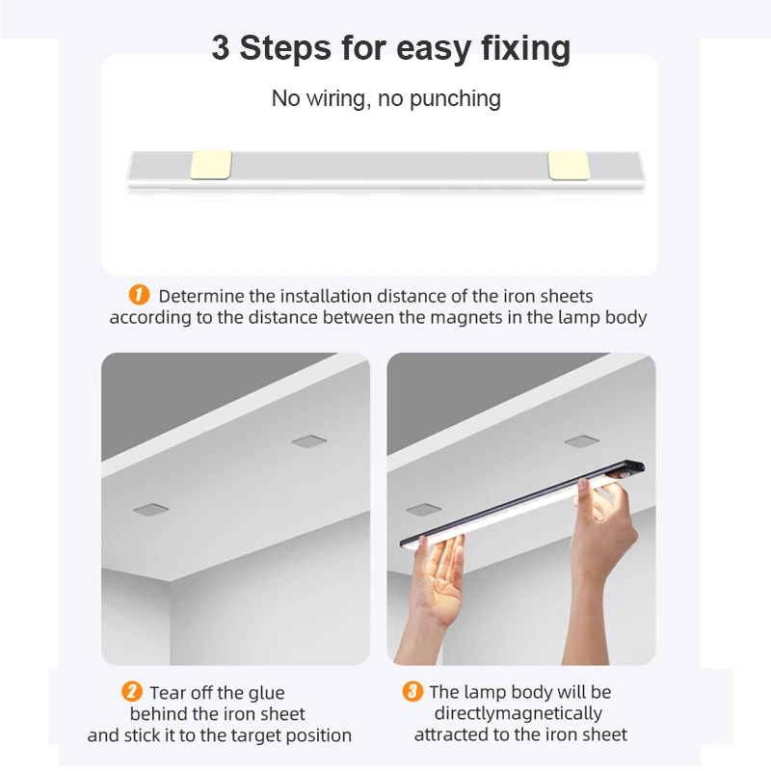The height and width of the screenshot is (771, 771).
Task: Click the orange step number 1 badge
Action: [x=139, y=295]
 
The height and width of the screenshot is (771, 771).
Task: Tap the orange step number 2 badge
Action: [x=132, y=691]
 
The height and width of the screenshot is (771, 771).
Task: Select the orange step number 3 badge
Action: [x=412, y=691]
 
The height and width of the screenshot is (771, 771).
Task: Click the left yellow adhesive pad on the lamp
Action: [x=211, y=165]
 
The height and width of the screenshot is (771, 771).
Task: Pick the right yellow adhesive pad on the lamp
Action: [x=569, y=166]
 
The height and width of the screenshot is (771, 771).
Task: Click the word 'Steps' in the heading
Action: [x=285, y=47]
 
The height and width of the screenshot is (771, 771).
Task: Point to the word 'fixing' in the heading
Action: [x=525, y=49]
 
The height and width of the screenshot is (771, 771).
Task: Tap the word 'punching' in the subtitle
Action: [x=455, y=98]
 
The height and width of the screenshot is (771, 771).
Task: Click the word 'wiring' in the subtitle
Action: [x=335, y=98]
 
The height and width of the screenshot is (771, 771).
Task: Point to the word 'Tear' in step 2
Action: [x=168, y=693]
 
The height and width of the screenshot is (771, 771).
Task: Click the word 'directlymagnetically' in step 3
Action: [x=518, y=713]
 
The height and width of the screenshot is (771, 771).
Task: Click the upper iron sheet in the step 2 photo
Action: [x=308, y=441]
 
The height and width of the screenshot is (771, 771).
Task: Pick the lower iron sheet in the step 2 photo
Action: [x=151, y=510]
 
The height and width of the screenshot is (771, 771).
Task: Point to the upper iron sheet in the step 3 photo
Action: [x=582, y=441]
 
